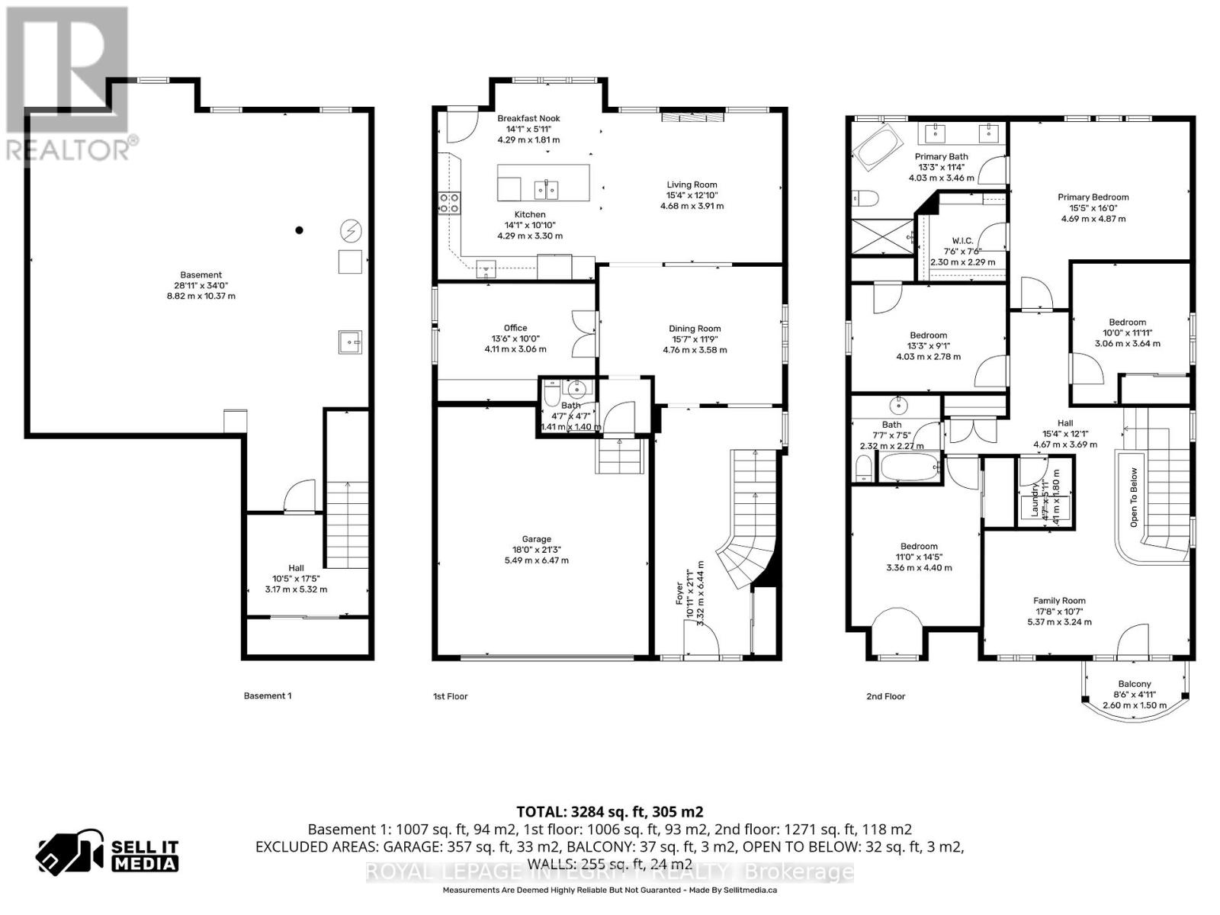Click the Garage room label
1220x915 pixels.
pos(536,539)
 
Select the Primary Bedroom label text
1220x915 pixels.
pos(1093,197)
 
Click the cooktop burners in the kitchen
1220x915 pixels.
pos(448,202)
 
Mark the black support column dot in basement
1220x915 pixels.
pos(300,230)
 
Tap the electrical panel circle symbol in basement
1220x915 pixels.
pos(352,230)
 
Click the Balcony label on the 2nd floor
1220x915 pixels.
pos(1134,684)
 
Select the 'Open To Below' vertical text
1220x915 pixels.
pos(1134,497)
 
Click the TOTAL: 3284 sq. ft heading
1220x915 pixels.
pos(609,811)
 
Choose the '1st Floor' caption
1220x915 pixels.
pos(450,696)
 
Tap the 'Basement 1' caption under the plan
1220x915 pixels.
pos(267,695)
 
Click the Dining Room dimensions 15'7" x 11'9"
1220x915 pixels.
pos(694,339)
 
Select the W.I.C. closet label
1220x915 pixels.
pos(962,240)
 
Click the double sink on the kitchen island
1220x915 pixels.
pos(546,188)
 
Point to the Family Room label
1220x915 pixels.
pos(1059,600)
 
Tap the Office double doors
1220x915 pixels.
pos(583,333)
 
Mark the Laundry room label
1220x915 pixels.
pos(1035,501)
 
